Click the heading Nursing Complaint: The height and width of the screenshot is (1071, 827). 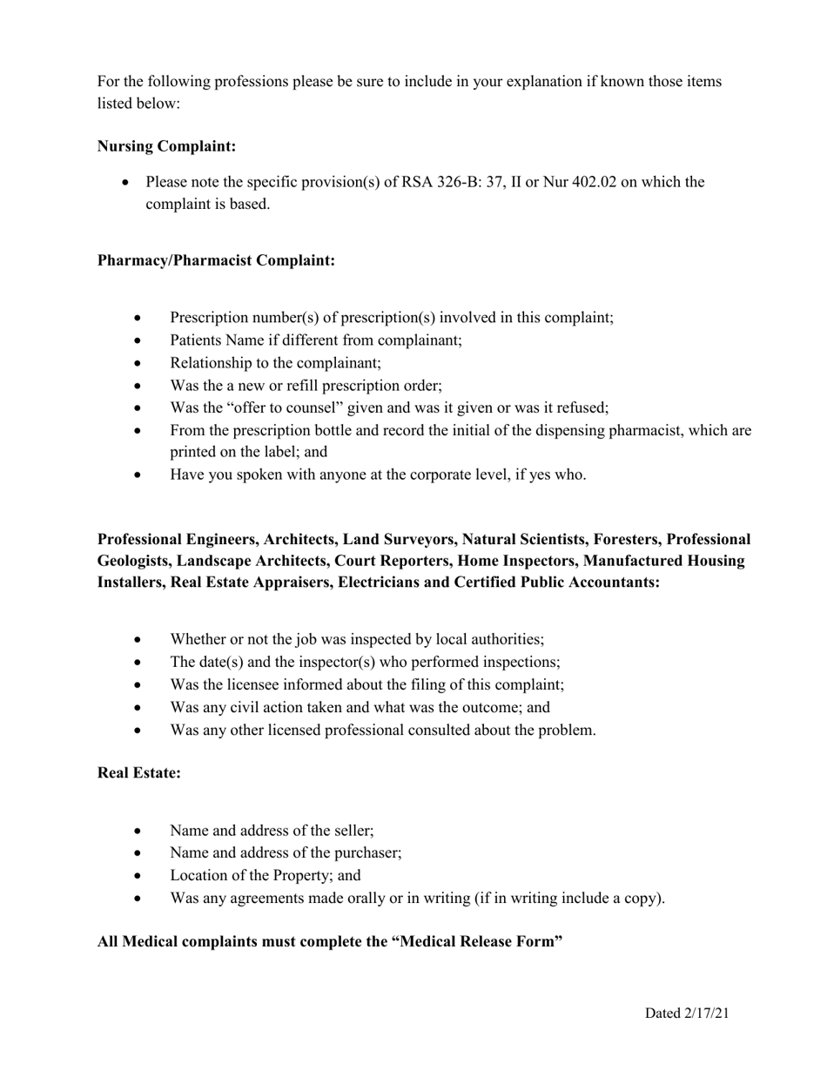click(166, 146)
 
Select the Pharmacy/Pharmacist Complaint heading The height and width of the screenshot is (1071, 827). click(216, 260)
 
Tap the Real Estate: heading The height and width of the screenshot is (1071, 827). click(139, 772)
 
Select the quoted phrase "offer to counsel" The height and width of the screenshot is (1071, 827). click(286, 408)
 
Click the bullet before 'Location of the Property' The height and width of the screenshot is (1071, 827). click(138, 876)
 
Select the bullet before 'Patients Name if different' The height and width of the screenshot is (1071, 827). click(138, 340)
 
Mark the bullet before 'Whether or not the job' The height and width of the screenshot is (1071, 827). click(138, 640)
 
